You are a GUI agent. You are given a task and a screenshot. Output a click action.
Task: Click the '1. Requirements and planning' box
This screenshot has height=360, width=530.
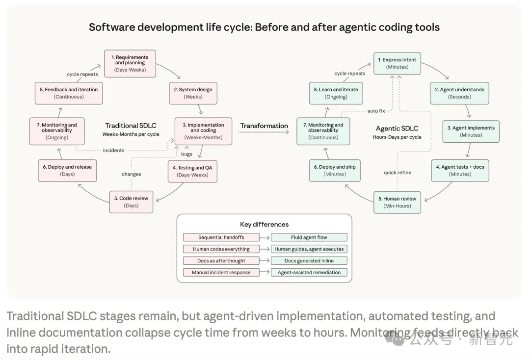click(x=130, y=63)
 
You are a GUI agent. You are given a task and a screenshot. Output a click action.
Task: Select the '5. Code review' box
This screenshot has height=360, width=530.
click(x=131, y=202)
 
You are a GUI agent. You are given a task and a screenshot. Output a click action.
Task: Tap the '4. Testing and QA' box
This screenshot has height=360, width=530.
click(x=193, y=171)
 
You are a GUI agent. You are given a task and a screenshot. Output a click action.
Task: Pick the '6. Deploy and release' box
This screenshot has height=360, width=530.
click(x=67, y=171)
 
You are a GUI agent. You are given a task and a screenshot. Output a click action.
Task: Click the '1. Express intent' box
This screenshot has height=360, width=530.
click(x=397, y=63)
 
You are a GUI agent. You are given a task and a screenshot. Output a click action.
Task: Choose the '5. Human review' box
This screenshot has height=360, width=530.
click(x=397, y=202)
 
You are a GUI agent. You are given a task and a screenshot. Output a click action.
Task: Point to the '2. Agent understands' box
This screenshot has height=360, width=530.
click(x=459, y=93)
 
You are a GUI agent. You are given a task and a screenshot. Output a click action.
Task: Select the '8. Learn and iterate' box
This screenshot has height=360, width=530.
click(x=336, y=93)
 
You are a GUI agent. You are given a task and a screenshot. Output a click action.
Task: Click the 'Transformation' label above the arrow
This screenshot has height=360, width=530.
click(x=264, y=126)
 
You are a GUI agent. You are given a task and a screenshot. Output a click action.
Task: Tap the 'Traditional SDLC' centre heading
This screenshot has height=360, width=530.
click(x=131, y=126)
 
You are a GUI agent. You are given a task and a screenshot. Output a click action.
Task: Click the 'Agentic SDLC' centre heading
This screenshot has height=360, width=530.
click(x=397, y=129)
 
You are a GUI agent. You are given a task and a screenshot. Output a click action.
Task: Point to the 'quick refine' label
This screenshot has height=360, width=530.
click(x=397, y=173)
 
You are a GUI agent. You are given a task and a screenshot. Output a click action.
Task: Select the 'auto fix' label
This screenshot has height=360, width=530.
click(x=376, y=111)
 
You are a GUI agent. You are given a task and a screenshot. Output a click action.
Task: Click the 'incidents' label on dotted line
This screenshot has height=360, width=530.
click(x=113, y=150)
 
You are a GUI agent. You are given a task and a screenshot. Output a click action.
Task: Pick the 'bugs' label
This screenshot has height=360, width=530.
click(x=186, y=154)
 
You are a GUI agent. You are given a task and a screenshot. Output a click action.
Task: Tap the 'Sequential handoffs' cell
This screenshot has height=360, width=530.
click(x=221, y=237)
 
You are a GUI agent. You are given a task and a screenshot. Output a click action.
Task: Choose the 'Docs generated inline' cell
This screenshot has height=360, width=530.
click(x=309, y=261)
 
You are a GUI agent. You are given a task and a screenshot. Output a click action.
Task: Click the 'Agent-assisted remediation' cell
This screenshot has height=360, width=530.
click(x=309, y=272)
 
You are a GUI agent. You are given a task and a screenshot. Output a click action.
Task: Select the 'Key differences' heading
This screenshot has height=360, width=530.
click(x=265, y=224)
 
